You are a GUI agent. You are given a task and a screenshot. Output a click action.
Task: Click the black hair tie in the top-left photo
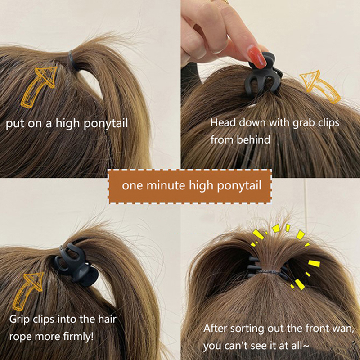click(73, 60)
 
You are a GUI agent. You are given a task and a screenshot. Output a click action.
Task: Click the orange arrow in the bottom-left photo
click(27, 291)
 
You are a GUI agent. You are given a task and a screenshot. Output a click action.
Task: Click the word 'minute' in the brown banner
click(166, 185)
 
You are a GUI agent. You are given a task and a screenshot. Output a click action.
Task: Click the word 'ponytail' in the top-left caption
click(106, 124)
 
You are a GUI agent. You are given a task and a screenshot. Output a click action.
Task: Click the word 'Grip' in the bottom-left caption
click(19, 319)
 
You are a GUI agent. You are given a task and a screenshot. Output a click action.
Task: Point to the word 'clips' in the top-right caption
click(328, 123)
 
